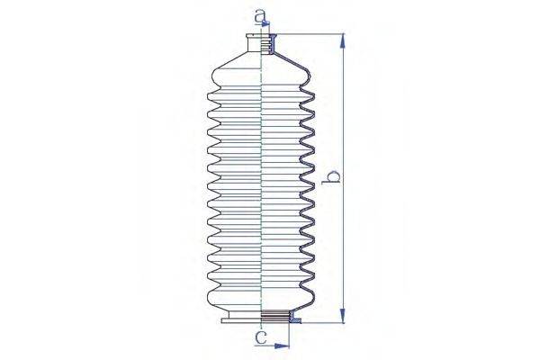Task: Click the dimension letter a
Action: (261, 15)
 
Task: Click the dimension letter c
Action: (260, 339)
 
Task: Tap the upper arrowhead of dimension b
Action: (342, 40)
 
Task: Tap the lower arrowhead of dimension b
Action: (342, 316)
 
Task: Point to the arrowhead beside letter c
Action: (284, 344)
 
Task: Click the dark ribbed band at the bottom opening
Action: (273, 316)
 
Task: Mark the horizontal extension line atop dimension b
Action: (306, 34)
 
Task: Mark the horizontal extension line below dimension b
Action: (319, 322)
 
